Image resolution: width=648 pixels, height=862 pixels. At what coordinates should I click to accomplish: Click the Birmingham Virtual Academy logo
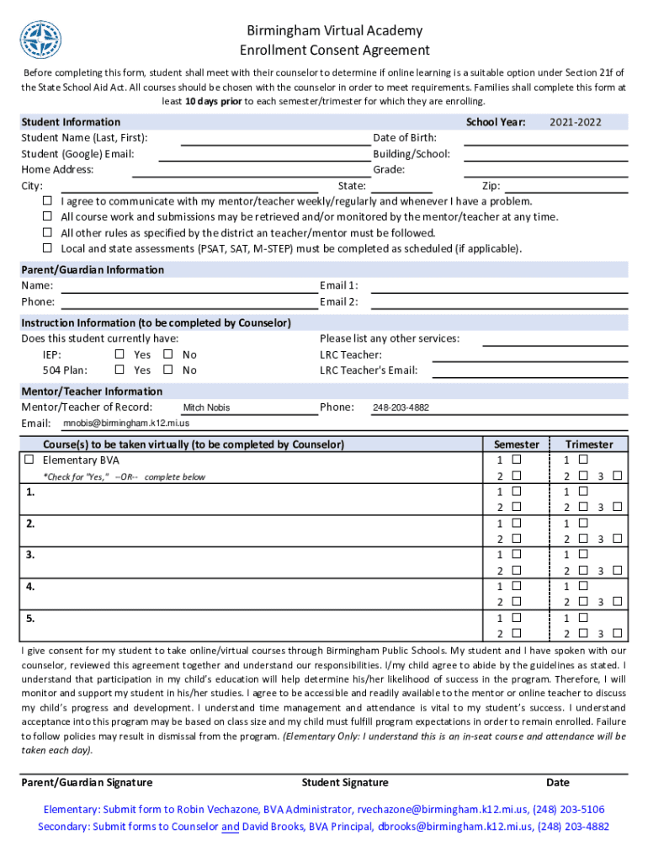(x=40, y=40)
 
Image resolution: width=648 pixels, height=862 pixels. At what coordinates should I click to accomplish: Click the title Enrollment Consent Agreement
(x=335, y=51)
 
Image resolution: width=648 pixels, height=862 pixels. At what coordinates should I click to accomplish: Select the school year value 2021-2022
(x=576, y=122)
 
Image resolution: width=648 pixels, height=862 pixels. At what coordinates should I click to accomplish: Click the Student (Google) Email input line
(x=263, y=154)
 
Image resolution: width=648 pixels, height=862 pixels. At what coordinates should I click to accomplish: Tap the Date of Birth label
(x=405, y=138)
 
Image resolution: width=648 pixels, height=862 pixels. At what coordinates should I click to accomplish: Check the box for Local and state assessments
(x=48, y=248)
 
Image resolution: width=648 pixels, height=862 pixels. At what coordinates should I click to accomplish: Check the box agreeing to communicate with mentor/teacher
(x=48, y=201)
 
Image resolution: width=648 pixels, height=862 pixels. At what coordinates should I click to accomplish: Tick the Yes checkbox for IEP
(x=120, y=354)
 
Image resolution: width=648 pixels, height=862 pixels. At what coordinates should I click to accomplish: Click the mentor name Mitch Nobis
(x=206, y=408)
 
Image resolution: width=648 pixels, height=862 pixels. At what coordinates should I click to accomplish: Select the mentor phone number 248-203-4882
(x=401, y=408)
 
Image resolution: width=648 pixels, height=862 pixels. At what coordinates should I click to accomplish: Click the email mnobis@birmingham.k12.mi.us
(x=126, y=423)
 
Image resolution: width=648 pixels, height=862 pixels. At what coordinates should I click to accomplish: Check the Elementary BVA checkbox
(x=29, y=460)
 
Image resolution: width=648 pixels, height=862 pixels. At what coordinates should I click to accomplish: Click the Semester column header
(x=516, y=444)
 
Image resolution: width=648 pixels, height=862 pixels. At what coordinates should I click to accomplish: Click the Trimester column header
(x=589, y=444)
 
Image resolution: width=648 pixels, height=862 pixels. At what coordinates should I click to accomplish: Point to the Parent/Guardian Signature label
(x=87, y=782)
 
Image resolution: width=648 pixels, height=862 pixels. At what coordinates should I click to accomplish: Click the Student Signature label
(x=345, y=782)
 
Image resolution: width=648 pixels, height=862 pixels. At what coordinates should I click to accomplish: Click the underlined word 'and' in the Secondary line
(x=230, y=827)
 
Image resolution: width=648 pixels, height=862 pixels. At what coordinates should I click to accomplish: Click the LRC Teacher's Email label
(x=369, y=370)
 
